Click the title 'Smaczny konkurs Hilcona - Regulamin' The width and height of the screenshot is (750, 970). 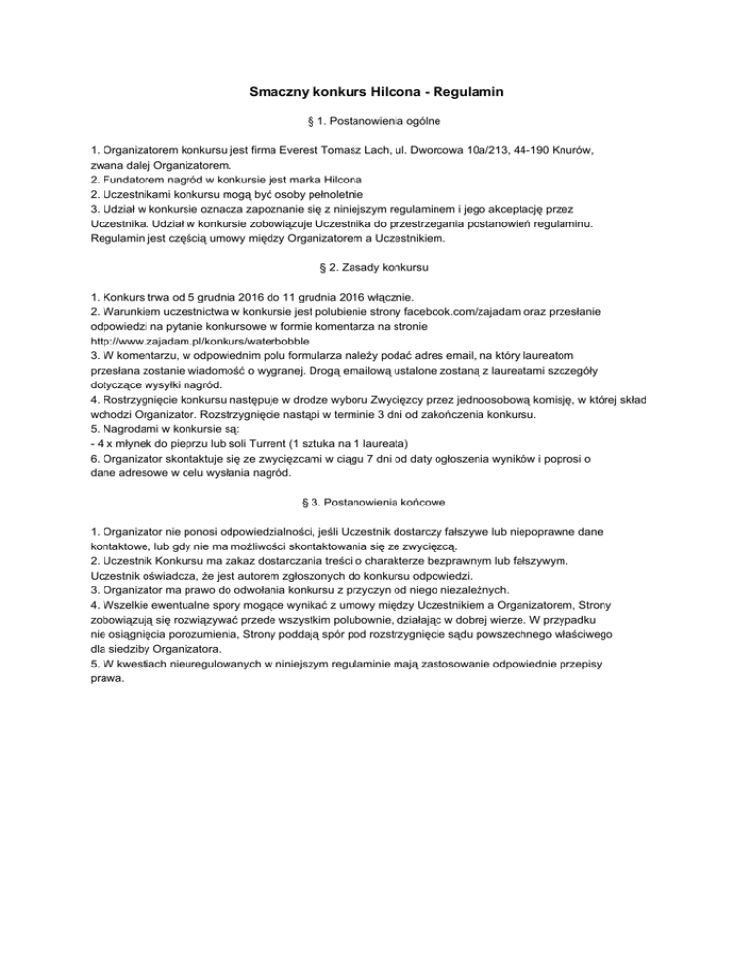375,93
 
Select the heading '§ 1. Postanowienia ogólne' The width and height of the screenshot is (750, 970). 375,123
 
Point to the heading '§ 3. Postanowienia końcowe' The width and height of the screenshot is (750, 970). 375,502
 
